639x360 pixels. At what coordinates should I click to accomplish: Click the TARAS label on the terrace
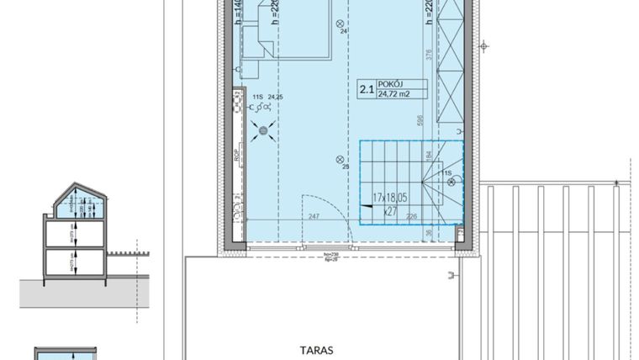tap(316, 349)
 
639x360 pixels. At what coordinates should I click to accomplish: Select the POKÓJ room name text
tap(391, 84)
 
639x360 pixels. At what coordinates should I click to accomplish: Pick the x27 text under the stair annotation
tap(389, 213)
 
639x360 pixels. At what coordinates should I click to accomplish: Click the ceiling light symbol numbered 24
tap(340, 24)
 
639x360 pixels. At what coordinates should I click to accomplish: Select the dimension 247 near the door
tap(313, 218)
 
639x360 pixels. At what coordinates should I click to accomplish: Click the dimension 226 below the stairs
tap(412, 218)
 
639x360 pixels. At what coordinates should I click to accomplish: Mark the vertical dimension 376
tap(429, 56)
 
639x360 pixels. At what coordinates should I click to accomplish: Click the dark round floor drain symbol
tap(266, 130)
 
